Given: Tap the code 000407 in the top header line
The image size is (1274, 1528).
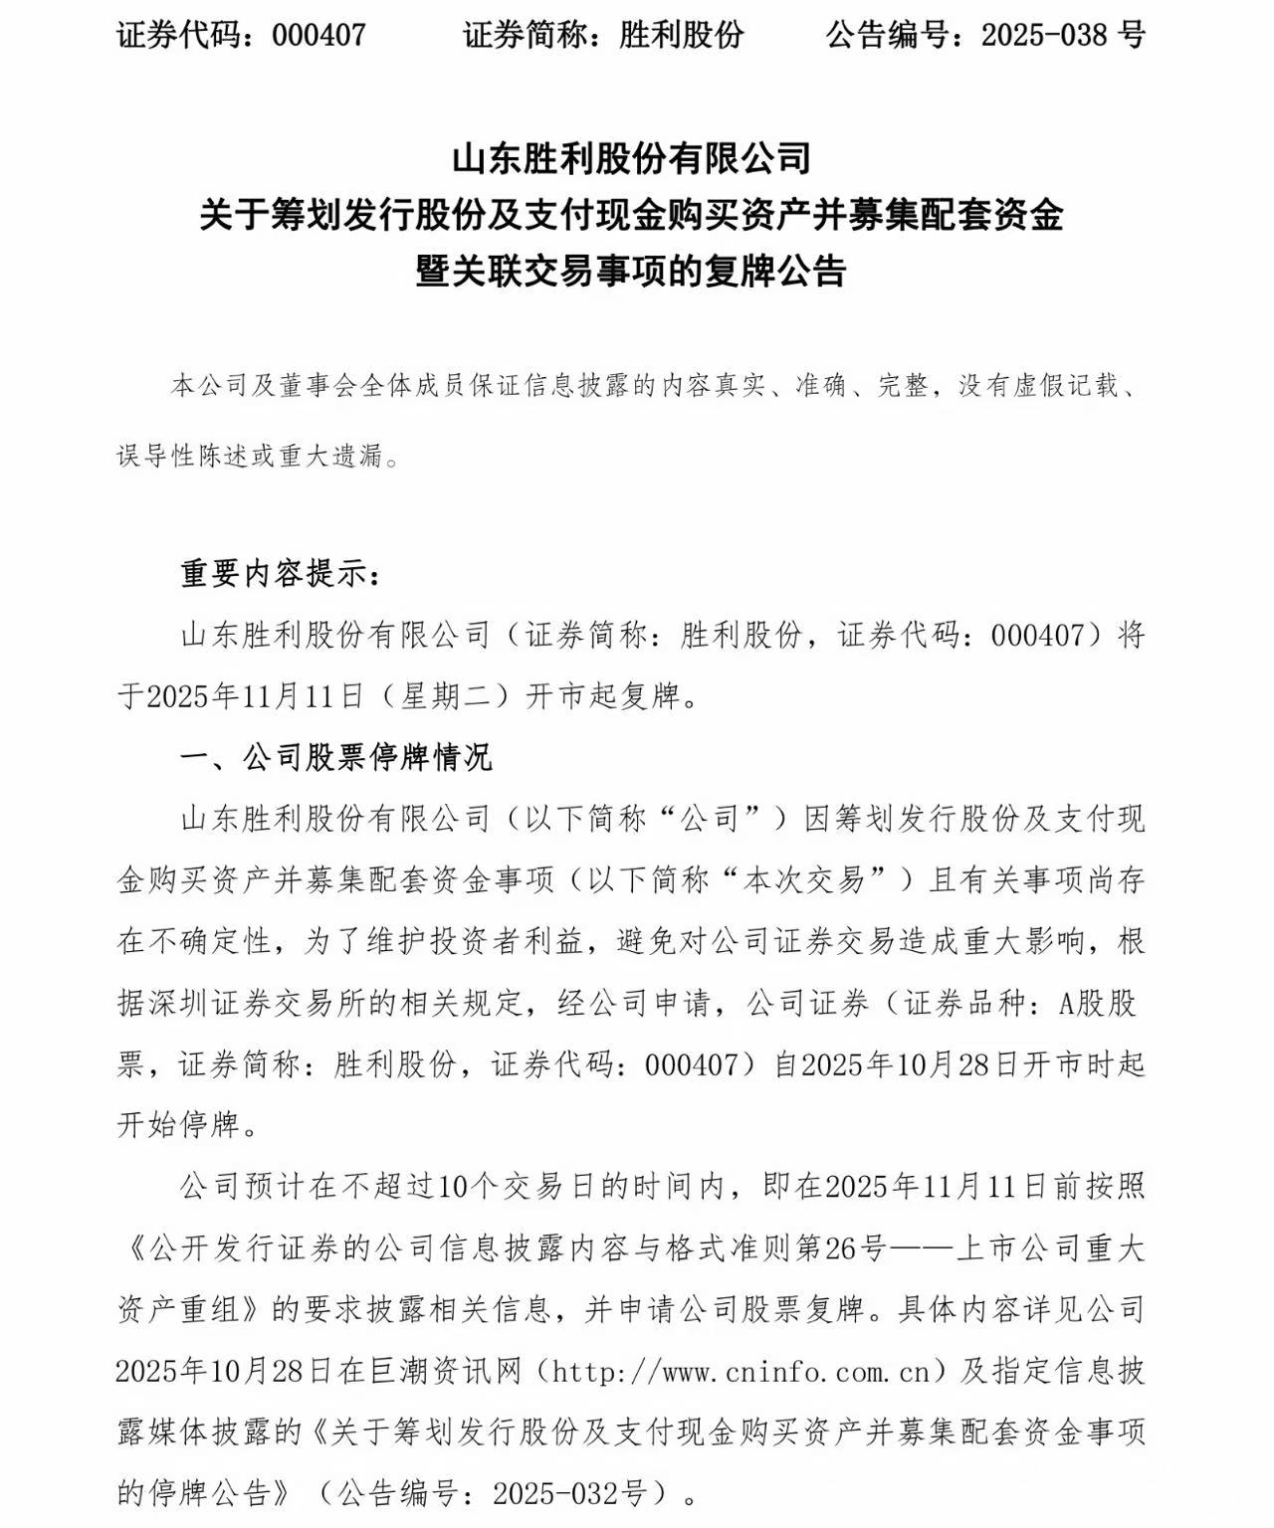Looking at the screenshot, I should point(319,36).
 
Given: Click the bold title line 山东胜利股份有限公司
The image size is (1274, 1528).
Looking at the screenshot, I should point(631,158).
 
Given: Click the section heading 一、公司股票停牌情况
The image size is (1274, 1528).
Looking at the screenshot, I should point(335,758).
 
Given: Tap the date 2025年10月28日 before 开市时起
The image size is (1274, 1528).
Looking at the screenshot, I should point(910,1064).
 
